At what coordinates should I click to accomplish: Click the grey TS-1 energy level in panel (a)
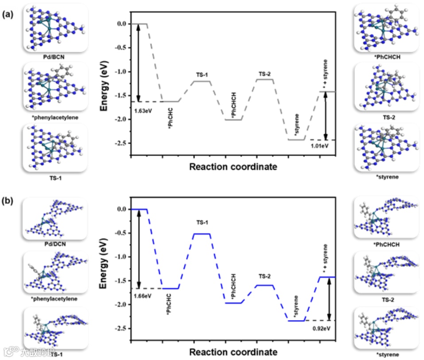click(x=202, y=82)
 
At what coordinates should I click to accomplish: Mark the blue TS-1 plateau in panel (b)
click(x=202, y=234)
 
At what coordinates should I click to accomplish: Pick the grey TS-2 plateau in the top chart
click(x=265, y=80)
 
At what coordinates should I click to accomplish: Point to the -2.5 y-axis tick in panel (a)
click(x=121, y=143)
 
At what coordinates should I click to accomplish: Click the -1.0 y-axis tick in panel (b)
click(x=121, y=257)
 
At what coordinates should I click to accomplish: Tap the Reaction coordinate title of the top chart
click(x=233, y=167)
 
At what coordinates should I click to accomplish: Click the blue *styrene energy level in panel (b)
click(x=296, y=321)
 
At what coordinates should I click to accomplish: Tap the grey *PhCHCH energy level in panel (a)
click(x=233, y=120)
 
